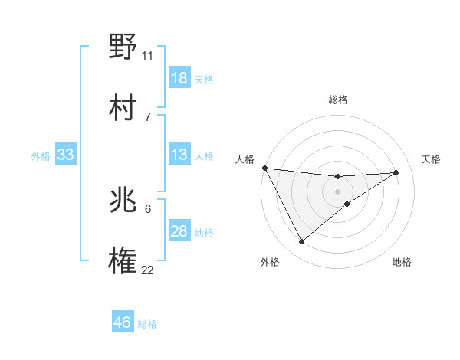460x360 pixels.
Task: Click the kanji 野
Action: tap(123, 46)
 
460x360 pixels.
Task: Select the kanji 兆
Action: tap(123, 201)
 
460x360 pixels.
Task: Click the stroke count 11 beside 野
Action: tap(147, 55)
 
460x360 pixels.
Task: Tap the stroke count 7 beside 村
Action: tap(147, 116)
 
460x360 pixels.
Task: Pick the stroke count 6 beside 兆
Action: tap(147, 208)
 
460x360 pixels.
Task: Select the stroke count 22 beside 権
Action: tap(147, 270)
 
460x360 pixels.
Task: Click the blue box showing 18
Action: tap(179, 78)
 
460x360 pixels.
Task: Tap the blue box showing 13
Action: tap(179, 155)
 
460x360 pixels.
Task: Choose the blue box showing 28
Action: tap(179, 231)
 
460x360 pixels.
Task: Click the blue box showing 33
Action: tap(65, 155)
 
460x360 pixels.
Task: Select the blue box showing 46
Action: tap(123, 322)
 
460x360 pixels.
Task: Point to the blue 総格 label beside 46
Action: tap(147, 324)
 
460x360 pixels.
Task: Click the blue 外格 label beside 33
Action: tap(41, 156)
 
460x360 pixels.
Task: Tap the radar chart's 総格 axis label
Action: tap(337, 100)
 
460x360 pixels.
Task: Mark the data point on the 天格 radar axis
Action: tap(396, 172)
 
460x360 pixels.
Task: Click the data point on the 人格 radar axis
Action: tap(264, 168)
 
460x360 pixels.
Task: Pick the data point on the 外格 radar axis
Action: tap(301, 242)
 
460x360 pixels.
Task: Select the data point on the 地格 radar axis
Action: tap(347, 204)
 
